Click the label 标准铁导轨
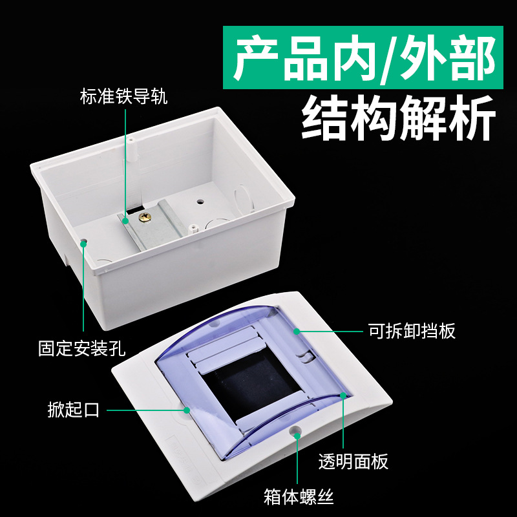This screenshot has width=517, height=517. click(x=123, y=97)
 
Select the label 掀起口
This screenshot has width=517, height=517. click(x=74, y=410)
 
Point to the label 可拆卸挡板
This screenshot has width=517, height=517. click(x=412, y=331)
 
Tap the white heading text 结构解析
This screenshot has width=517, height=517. click(x=399, y=119)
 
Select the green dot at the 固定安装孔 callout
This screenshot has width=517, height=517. click(x=83, y=242)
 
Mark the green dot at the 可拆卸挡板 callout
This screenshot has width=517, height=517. click(x=297, y=331)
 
